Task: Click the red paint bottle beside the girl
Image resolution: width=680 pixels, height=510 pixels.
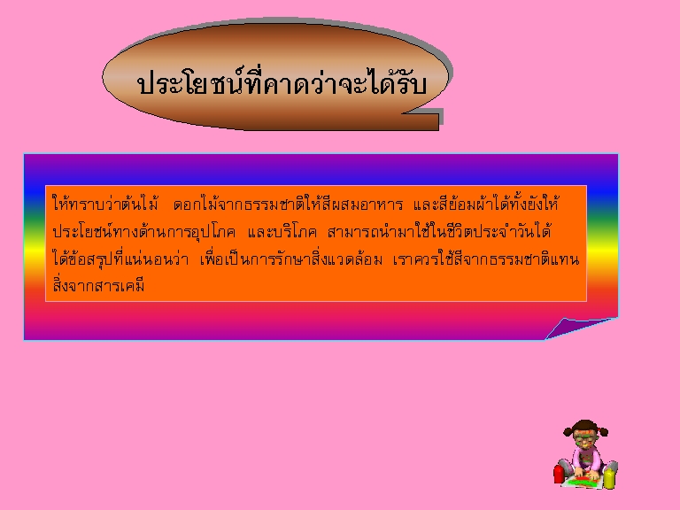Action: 559,474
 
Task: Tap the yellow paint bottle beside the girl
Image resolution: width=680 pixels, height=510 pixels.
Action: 610,478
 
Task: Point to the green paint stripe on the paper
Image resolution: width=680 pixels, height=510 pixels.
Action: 583,482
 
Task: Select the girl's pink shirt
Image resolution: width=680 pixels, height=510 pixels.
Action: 585,460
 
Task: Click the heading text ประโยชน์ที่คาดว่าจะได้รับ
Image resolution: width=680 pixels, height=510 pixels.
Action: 282,82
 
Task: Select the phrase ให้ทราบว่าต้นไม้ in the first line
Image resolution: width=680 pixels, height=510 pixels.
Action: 105,203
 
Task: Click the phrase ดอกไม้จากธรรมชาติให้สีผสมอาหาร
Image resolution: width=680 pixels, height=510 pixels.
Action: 288,204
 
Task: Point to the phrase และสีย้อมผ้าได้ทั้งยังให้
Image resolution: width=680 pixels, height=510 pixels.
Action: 486,203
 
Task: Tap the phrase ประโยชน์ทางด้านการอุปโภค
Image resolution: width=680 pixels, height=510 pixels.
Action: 144,231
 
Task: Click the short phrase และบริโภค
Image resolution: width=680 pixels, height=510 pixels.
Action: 282,232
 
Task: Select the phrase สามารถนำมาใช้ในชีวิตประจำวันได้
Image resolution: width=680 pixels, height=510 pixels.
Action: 439,231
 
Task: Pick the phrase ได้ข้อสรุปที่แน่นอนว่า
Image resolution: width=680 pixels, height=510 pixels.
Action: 120,259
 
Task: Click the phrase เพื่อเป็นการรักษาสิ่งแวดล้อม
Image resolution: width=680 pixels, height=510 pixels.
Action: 291,259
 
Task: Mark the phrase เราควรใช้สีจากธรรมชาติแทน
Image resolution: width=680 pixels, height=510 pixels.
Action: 486,259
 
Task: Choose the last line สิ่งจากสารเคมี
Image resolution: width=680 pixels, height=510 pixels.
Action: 98,285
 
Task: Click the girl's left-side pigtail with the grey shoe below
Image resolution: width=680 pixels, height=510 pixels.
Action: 568,430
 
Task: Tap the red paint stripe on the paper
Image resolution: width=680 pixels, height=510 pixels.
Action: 583,478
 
